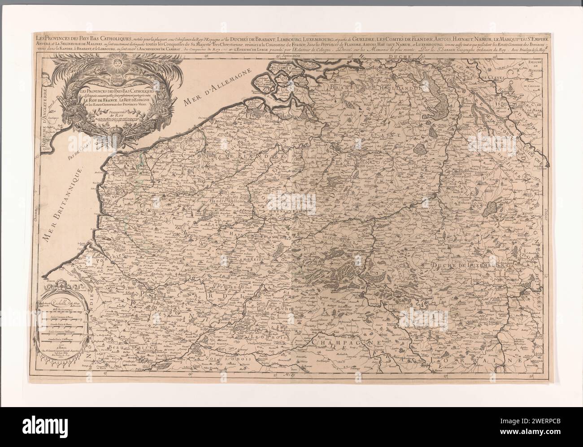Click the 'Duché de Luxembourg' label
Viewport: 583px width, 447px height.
(470, 267)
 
